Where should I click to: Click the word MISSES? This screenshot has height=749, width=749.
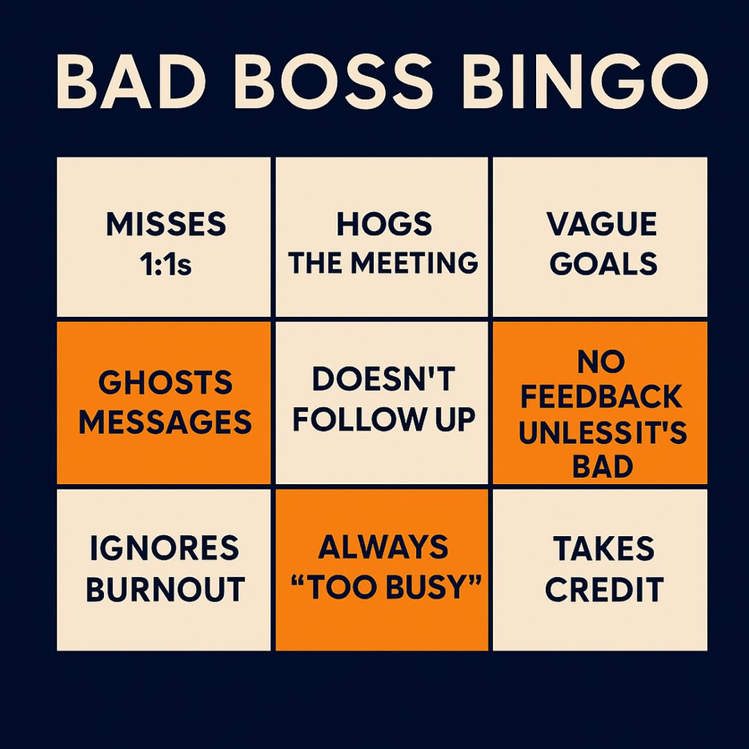pyautogui.click(x=166, y=225)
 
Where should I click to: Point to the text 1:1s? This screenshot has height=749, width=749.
pyautogui.click(x=166, y=264)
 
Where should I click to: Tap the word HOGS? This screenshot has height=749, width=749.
pyautogui.click(x=384, y=225)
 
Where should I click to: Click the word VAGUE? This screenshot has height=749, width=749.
pyautogui.click(x=601, y=225)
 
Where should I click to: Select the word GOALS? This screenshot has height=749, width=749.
pyautogui.click(x=601, y=264)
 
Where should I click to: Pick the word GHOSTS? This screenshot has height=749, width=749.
pyautogui.click(x=165, y=382)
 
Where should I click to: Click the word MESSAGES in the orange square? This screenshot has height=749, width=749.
pyautogui.click(x=165, y=422)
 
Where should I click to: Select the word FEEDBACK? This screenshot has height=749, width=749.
pyautogui.click(x=601, y=397)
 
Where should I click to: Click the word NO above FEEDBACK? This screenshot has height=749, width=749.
pyautogui.click(x=601, y=361)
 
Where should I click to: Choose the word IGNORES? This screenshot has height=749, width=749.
pyautogui.click(x=165, y=549)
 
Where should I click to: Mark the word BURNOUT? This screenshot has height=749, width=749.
pyautogui.click(x=165, y=589)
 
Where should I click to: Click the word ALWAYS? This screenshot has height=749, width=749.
pyautogui.click(x=384, y=548)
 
